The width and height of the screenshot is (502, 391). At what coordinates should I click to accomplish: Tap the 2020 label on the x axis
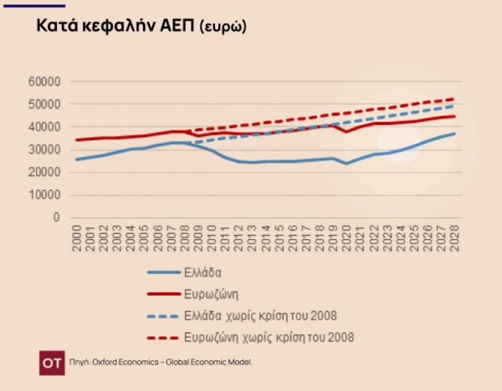point(347,236)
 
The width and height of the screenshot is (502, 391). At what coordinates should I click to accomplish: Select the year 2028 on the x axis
point(455,236)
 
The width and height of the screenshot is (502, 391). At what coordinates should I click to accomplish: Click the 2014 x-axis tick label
point(267,236)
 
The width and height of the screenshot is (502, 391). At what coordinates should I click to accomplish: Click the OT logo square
point(52,363)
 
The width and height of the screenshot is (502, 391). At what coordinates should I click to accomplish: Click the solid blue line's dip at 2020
point(347,163)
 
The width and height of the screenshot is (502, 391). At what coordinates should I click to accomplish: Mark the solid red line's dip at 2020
point(347,131)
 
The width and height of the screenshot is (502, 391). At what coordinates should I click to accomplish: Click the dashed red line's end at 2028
point(455,99)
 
